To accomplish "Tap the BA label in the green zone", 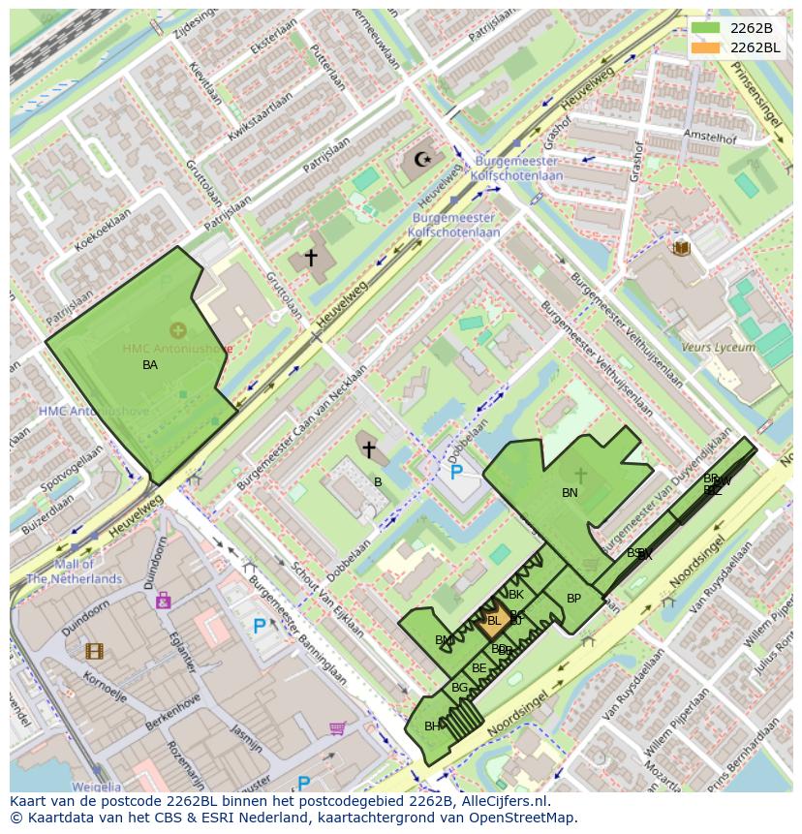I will coord(150,365).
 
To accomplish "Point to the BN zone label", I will coord(570,493).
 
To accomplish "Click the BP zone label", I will coord(573,599).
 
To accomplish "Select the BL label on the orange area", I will coord(493,621).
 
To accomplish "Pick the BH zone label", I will coord(432,726).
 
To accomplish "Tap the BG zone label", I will coord(459,688).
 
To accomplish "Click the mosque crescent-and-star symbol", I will coord(421,159).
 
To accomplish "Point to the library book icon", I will coord(681,248).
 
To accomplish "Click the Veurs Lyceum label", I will coord(718,347).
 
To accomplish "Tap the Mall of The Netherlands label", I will coord(74,571).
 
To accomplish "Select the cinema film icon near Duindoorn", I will coord(94,651).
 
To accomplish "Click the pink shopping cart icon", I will coord(337,727).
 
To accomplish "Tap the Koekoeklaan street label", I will coord(102,232).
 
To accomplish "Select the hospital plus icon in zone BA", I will coord(178,330).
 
